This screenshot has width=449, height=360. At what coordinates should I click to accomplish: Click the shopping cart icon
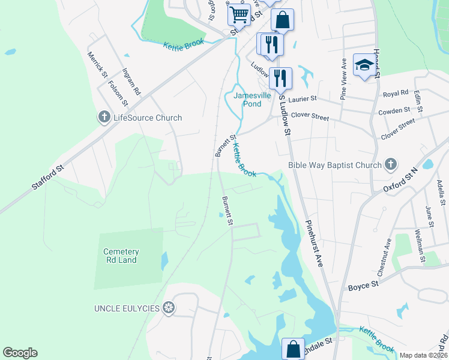coord(239,14)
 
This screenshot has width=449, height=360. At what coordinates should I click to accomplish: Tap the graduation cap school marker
coord(364,65)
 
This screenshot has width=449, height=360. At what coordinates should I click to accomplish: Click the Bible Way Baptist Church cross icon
coord(391,165)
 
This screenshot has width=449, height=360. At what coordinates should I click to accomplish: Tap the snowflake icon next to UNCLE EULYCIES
coord(170,308)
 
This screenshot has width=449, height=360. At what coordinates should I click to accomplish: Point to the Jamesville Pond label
coord(256,100)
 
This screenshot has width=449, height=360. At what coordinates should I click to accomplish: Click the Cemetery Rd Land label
coord(121,256)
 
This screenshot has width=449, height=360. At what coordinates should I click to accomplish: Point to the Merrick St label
coord(97,65)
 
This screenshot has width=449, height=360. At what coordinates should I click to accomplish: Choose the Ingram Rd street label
coord(131,82)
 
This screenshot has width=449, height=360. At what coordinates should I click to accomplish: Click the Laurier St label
coord(302,100)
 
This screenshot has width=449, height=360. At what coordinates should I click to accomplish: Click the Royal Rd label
coord(396,94)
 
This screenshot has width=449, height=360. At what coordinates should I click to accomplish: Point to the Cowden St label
coord(394,111)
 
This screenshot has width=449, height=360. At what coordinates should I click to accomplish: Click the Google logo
coord(20,353)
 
